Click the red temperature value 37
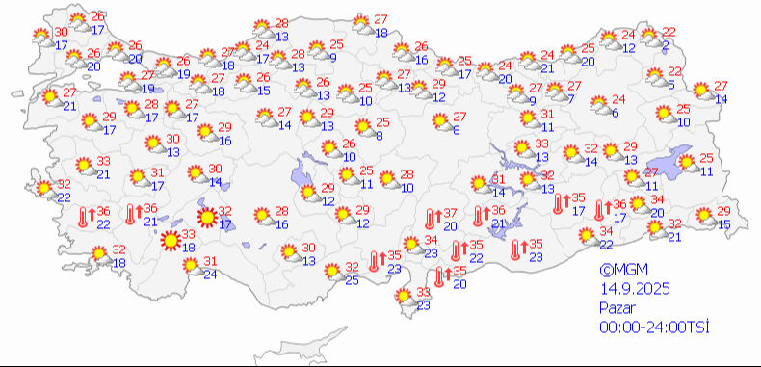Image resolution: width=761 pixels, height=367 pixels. (449, 213)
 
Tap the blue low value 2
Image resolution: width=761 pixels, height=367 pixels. (667, 45)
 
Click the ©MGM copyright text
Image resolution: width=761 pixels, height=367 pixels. (619, 272)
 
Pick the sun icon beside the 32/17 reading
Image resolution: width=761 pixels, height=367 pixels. (205, 218)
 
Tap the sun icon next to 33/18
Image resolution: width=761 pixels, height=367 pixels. (170, 240)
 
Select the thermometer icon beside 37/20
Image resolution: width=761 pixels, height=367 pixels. (431, 219)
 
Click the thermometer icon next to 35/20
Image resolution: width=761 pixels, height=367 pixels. (441, 277)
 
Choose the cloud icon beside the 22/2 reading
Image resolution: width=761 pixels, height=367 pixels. (649, 39)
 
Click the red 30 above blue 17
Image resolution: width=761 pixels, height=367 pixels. (61, 32)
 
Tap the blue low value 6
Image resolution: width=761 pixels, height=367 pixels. (615, 113)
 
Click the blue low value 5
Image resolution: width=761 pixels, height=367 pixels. (670, 84)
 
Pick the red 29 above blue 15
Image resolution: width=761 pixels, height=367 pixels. (723, 211)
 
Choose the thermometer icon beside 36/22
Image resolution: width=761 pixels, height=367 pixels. (85, 218)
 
